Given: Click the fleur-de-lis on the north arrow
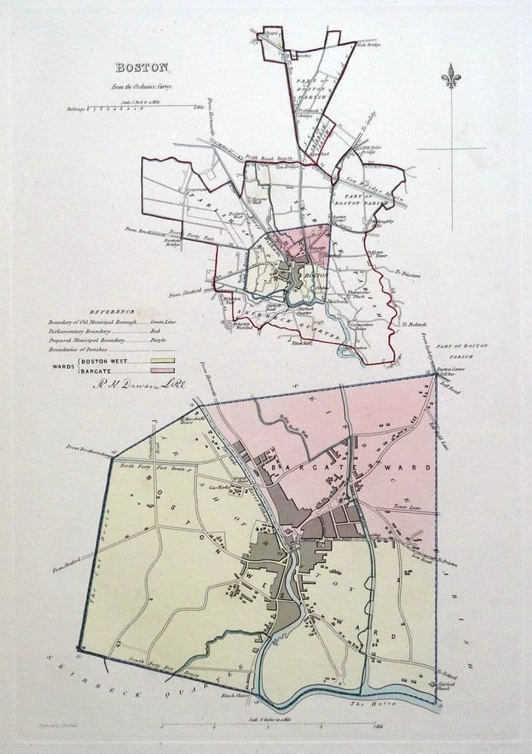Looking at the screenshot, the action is click(451, 76).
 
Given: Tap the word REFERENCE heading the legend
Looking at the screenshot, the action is click(112, 311).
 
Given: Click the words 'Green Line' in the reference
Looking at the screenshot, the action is click(162, 321).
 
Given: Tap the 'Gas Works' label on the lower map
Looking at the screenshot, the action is click(218, 488).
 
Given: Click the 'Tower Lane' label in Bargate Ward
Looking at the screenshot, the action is click(408, 507).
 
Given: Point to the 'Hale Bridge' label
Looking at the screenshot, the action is click(368, 44).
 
